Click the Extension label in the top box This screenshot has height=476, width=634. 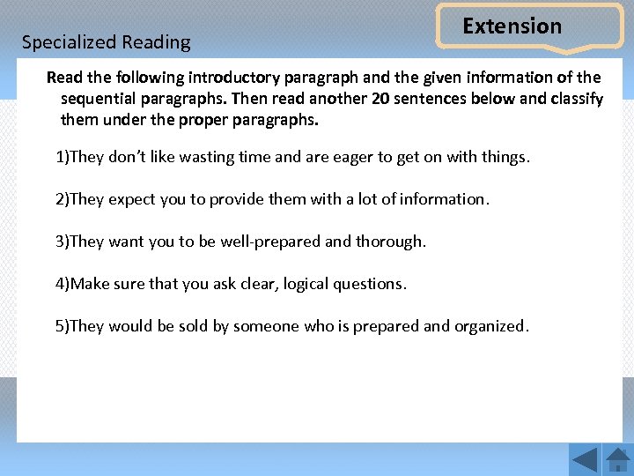click(512, 26)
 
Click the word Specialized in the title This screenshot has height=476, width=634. click(69, 42)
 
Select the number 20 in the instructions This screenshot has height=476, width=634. click(381, 98)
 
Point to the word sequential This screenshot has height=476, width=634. click(100, 98)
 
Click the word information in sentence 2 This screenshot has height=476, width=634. click(442, 199)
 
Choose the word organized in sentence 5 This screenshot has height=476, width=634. click(490, 326)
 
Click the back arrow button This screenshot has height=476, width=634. click(584, 460)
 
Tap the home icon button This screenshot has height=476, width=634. click(618, 460)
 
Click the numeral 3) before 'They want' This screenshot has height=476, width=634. click(62, 242)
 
